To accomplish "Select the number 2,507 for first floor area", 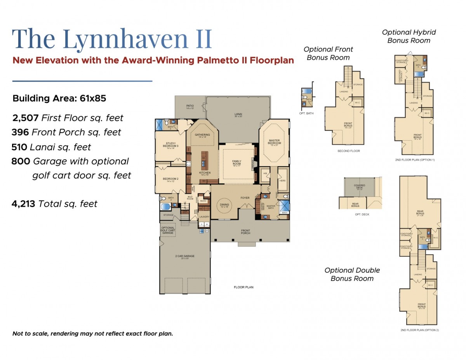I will tap(26, 118).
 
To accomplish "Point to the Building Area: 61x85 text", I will tap(59, 98).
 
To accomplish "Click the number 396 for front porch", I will tap(20, 132).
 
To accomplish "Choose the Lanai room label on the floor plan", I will tap(238, 114).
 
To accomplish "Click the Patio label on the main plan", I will tap(190, 106).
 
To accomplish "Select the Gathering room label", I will tap(202, 136).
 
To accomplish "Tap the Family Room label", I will tap(236, 162).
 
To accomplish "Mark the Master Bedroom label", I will tap(274, 142).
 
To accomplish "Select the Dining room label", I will tap(225, 205).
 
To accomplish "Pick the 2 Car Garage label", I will tap(185, 257).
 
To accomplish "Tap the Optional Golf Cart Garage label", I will tap(168, 230).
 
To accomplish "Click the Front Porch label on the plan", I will tap(245, 232).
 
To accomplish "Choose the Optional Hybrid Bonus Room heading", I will tap(409, 36).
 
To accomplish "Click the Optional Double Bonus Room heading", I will tap(352, 274).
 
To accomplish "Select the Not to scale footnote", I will tap(92, 334).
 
